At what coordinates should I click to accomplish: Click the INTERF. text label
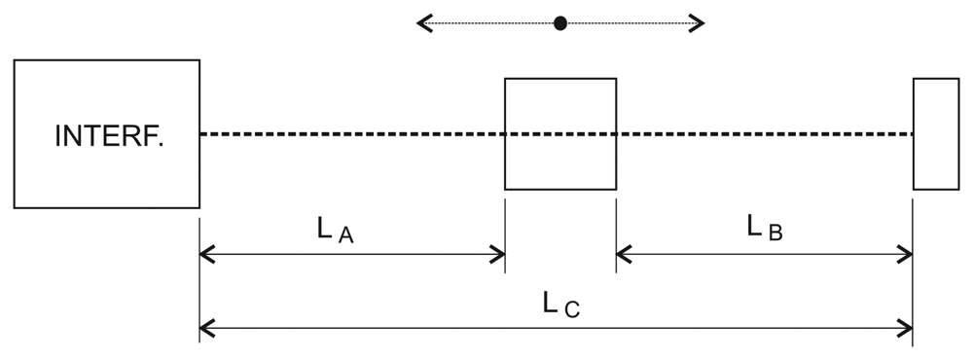109,135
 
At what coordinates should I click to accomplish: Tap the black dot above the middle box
559,23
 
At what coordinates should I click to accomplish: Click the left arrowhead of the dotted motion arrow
423,23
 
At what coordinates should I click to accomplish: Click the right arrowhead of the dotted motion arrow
697,23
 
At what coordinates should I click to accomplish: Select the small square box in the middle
559,133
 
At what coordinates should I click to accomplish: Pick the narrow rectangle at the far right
936,133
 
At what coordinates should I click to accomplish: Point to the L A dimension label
335,231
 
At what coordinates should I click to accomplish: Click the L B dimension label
764,228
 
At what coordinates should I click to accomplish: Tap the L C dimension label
562,304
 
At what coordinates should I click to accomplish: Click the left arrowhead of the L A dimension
205,256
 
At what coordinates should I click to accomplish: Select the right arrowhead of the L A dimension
498,256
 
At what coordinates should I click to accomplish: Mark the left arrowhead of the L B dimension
623,256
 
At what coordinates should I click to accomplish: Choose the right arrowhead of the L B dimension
906,256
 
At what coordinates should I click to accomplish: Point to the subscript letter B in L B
775,233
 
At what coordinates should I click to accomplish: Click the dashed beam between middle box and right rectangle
764,133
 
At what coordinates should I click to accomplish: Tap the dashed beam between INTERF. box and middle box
350,133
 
